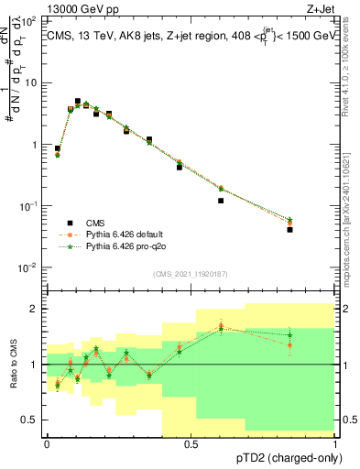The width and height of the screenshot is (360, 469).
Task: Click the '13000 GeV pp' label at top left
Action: [x=68, y=8]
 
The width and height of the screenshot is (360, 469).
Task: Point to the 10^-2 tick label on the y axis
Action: [x=29, y=267]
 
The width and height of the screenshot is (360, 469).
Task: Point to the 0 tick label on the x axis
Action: [x=47, y=444]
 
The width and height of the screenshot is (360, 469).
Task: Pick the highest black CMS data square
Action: [x=78, y=101]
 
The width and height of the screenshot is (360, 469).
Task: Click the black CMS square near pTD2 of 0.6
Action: [x=221, y=201]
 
